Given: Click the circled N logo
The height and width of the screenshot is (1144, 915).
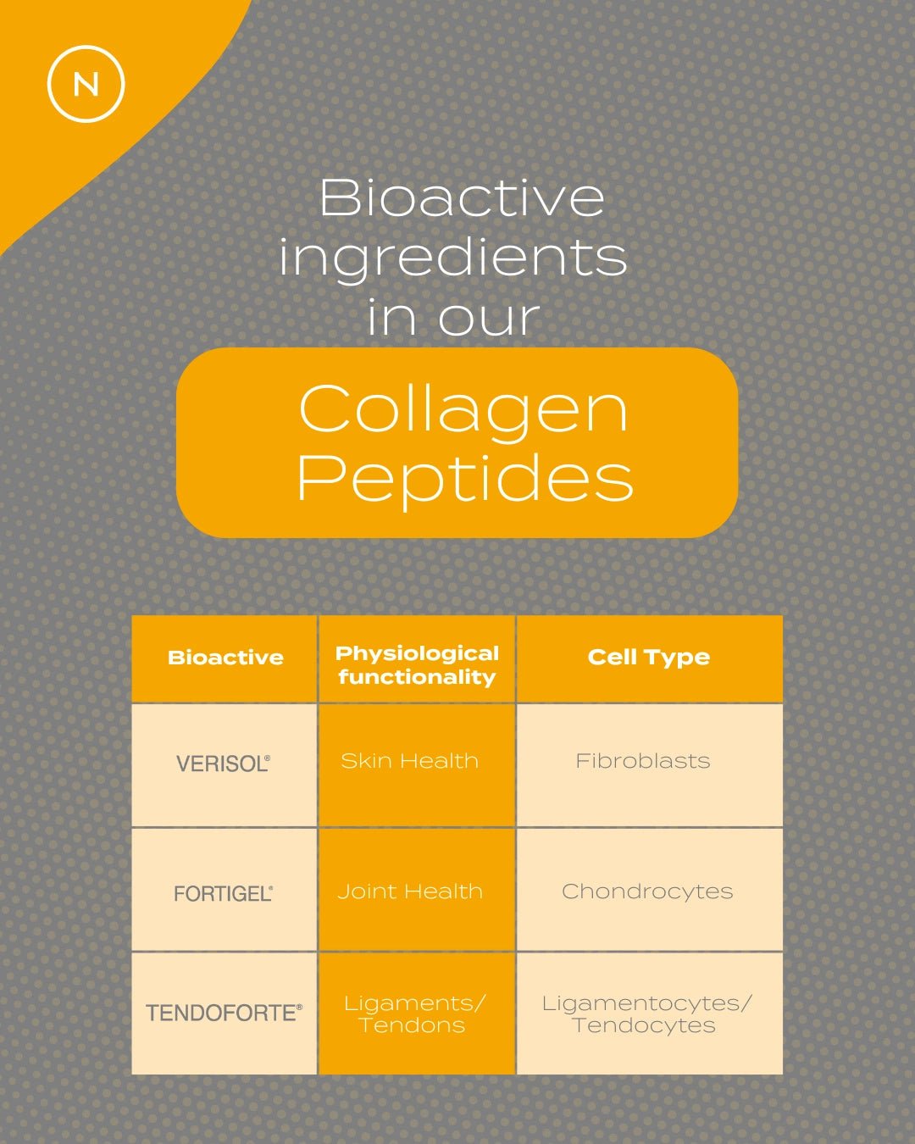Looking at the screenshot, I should [x=86, y=84].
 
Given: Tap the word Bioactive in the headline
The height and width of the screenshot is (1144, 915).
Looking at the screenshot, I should [x=462, y=197].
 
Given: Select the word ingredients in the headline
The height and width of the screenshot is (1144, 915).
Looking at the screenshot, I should [x=453, y=257].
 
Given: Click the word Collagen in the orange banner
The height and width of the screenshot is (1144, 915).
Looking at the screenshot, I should [x=463, y=408].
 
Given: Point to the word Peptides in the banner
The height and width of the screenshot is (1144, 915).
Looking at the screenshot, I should [x=465, y=478].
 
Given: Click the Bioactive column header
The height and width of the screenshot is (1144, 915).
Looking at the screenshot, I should [x=225, y=658].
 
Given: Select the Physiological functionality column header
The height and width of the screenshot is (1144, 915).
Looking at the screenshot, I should [x=417, y=665].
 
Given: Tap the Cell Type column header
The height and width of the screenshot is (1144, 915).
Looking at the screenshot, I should [x=649, y=658].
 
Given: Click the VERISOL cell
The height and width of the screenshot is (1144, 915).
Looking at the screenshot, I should [x=223, y=764].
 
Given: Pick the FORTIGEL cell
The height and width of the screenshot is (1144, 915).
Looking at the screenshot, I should [x=223, y=893].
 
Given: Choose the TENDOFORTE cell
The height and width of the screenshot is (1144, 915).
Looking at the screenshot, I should [x=224, y=1013].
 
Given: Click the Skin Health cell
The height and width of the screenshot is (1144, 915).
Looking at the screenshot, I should [x=410, y=761].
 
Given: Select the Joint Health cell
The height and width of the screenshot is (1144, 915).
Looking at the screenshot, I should [x=410, y=891].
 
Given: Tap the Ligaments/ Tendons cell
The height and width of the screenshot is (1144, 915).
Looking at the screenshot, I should [x=413, y=1014].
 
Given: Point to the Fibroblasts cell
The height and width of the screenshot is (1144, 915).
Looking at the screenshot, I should [x=643, y=761].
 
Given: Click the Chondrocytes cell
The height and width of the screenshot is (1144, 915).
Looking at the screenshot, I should [x=647, y=891].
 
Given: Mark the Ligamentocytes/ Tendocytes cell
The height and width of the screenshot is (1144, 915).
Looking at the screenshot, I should [x=646, y=1014].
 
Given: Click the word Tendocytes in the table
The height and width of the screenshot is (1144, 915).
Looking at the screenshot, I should [x=644, y=1026].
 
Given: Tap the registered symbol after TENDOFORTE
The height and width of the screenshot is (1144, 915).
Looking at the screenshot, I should [x=299, y=1007].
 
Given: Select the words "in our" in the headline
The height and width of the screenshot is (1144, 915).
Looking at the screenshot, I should [x=453, y=318].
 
